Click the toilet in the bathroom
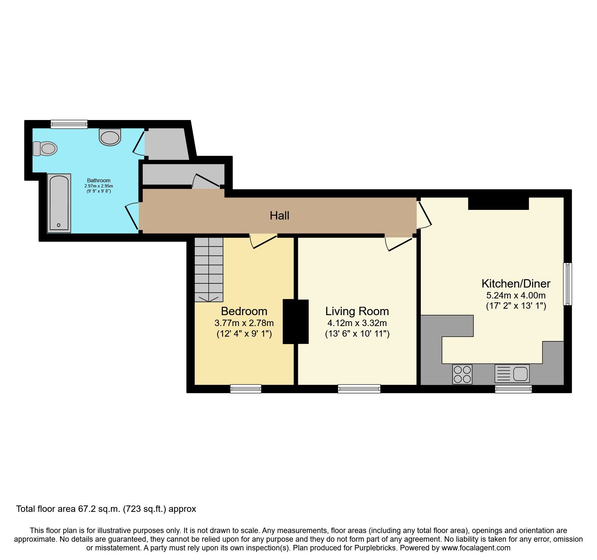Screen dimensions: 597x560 tap(45, 149)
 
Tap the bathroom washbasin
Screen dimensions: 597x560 tap(110, 137)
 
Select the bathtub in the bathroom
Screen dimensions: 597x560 tap(59, 203)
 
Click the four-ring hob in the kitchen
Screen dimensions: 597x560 tap(462, 374)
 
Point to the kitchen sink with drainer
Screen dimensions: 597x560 tap(512, 374)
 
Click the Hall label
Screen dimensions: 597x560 tap(279, 216)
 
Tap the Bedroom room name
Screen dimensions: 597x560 tap(244, 311)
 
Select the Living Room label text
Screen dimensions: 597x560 tap(357, 311)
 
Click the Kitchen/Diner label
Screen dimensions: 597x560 tap(516, 284)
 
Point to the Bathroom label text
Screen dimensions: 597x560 tap(99, 181)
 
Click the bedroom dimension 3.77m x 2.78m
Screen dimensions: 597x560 tap(244, 323)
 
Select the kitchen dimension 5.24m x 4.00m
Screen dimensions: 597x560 tap(516, 295)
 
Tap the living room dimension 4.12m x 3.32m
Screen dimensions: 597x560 tap(357, 323)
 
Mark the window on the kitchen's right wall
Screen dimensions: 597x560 tap(567, 284)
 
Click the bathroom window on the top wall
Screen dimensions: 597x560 tap(69, 124)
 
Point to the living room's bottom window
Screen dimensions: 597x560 tap(359, 389)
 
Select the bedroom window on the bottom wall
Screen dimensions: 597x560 tap(246, 389)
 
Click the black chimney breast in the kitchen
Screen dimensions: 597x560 tap(498, 203)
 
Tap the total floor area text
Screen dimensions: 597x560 tap(106, 509)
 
